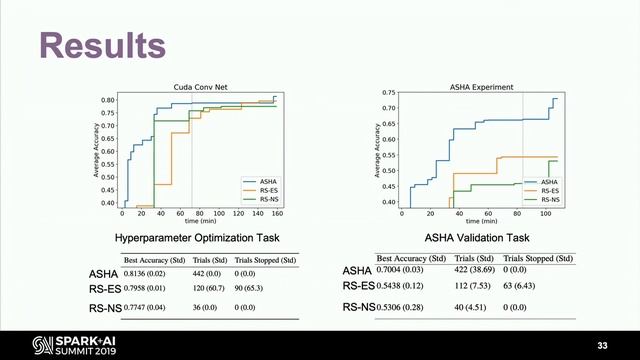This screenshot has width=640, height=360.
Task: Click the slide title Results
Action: coord(101,45)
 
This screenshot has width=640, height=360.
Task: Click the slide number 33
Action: coord(601,344)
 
